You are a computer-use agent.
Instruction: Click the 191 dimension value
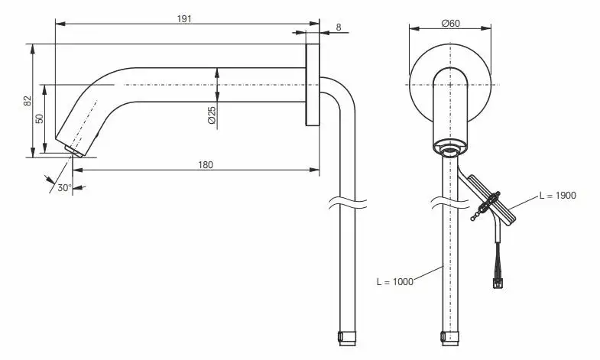pyautogui.click(x=184, y=19)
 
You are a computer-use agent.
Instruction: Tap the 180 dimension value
pyautogui.click(x=206, y=165)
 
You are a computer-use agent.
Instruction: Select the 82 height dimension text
pyautogui.click(x=28, y=101)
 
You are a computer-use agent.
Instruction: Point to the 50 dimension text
pyautogui.click(x=40, y=118)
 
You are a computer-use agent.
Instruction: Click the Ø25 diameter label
pyautogui.click(x=212, y=115)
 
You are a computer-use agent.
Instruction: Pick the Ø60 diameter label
pyautogui.click(x=450, y=24)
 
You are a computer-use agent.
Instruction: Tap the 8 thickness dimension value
pyautogui.click(x=339, y=28)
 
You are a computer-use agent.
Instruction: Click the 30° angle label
pyautogui.click(x=64, y=188)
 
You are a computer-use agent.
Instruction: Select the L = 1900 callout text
pyautogui.click(x=557, y=196)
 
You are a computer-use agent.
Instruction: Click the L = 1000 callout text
pyautogui.click(x=395, y=282)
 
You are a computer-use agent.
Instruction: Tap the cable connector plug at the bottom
pyautogui.click(x=497, y=284)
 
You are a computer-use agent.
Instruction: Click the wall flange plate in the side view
pyautogui.click(x=313, y=85)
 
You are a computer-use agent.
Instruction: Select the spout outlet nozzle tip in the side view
pyautogui.click(x=75, y=151)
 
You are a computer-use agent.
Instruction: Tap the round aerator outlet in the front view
pyautogui.click(x=450, y=150)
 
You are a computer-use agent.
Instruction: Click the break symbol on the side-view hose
pyautogui.click(x=347, y=203)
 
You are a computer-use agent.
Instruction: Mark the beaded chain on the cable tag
pyautogui.click(x=483, y=208)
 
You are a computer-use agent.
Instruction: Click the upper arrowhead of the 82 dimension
pyautogui.click(x=33, y=48)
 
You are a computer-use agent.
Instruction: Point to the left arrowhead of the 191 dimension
pyautogui.click(x=60, y=24)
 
